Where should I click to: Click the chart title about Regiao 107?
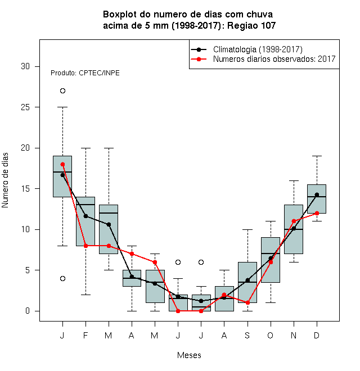[189, 20]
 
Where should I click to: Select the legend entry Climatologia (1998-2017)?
[246, 49]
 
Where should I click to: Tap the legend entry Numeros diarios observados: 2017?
[263, 59]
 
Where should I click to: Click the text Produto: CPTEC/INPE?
[85, 73]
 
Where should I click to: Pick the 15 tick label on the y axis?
[25, 189]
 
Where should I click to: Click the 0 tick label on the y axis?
[28, 311]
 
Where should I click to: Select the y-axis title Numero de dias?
[5, 180]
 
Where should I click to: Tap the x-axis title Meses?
[189, 355]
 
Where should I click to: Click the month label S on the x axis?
[247, 335]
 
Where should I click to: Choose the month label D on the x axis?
[317, 335]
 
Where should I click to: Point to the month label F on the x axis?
[85, 335]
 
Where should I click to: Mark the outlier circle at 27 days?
[62, 91]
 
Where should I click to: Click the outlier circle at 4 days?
[62, 278]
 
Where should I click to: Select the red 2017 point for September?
[247, 302]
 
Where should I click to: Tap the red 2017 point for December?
[317, 213]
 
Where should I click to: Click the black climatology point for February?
[85, 216]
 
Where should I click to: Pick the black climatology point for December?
[317, 194]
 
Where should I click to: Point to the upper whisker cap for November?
[294, 181]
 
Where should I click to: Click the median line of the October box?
[271, 254]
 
